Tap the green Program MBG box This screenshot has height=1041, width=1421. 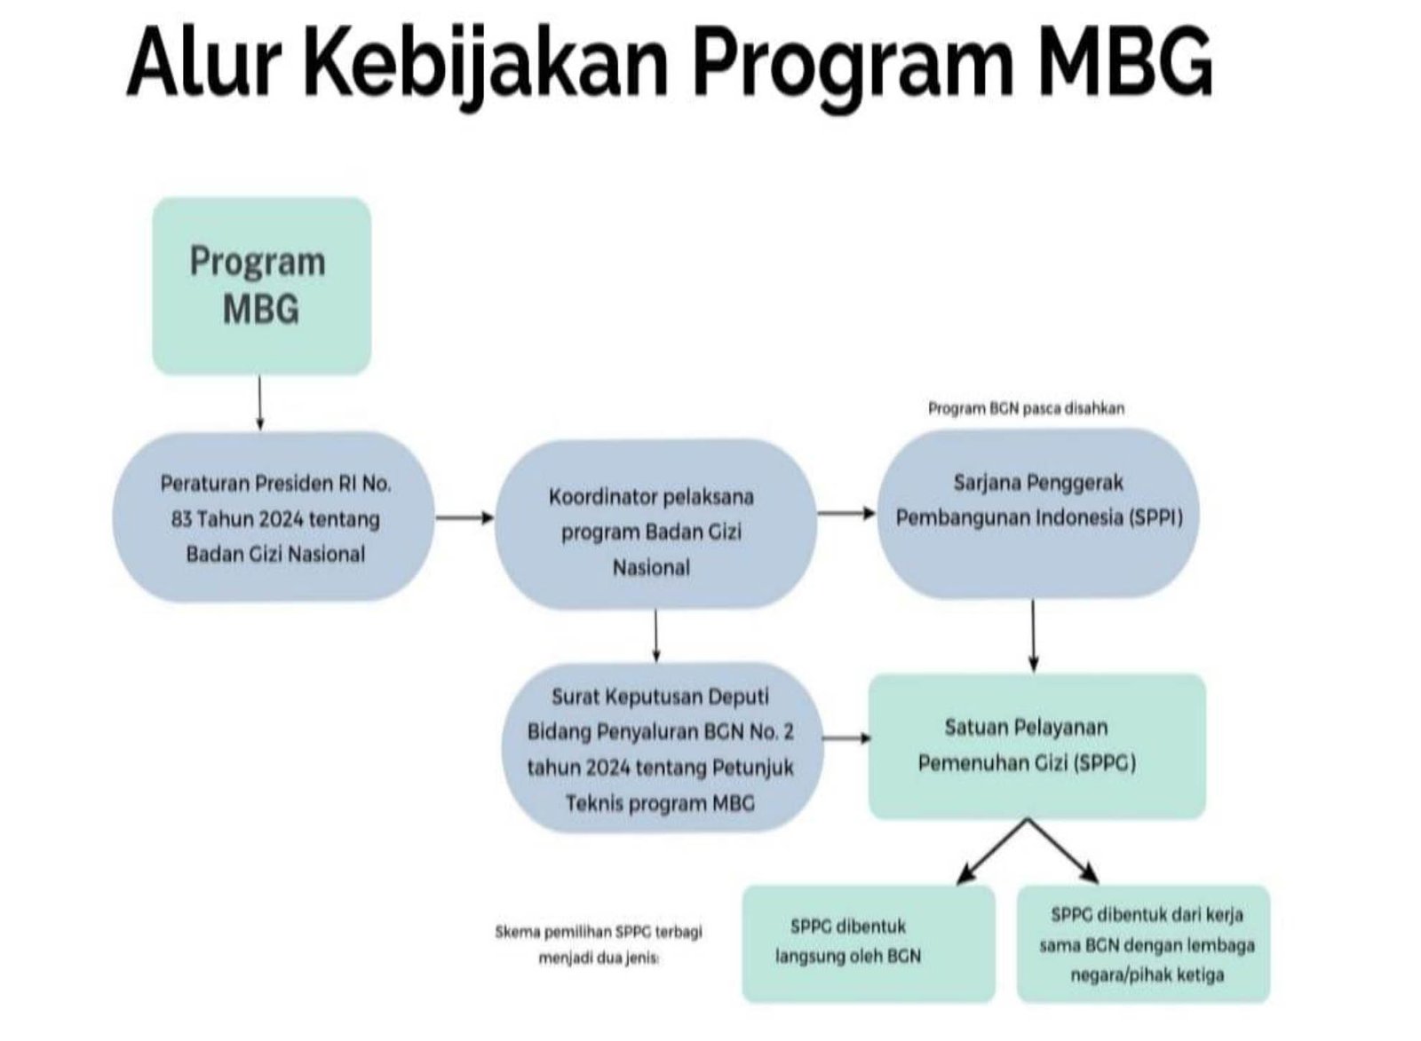[x=261, y=285]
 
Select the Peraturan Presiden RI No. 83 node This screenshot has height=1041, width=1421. [x=274, y=518]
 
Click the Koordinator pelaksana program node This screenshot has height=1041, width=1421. [x=654, y=531]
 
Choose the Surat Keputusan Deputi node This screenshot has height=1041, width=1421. [x=661, y=749]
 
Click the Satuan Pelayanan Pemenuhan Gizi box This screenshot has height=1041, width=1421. [x=1036, y=745]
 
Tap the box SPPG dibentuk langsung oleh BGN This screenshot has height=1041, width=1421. [x=867, y=942]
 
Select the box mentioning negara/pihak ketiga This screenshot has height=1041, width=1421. [x=1145, y=943]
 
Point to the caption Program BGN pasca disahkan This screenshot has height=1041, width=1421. [x=1026, y=408]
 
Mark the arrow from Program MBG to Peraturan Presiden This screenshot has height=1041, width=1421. [x=259, y=403]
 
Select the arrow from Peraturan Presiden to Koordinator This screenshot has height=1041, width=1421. [x=464, y=517]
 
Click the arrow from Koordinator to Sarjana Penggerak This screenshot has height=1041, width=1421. [x=845, y=513]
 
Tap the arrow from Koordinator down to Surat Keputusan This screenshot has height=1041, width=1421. [x=655, y=635]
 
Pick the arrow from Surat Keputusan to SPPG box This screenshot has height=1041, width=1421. [x=845, y=738]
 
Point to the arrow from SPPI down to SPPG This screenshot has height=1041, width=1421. [x=1033, y=635]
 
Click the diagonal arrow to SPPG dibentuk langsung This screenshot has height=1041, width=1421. [x=992, y=852]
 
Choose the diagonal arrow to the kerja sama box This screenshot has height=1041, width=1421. [x=1064, y=852]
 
